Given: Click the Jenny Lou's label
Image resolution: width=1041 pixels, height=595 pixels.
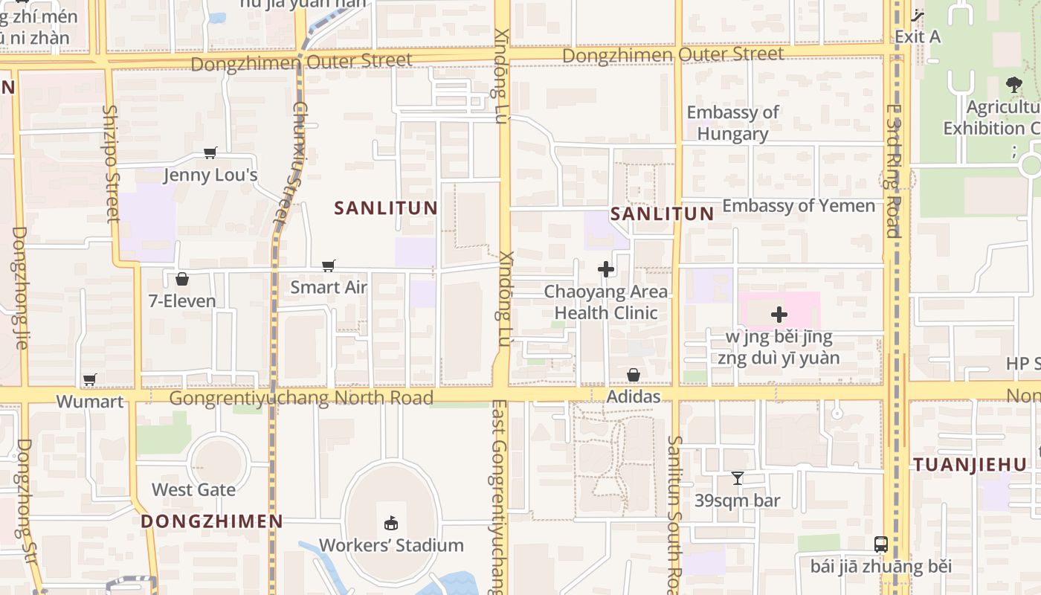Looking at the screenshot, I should click(x=210, y=176).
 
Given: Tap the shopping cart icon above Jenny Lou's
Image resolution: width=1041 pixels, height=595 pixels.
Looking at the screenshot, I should click(x=210, y=153).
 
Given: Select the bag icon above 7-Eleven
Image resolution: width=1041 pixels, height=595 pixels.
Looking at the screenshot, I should click(x=182, y=280).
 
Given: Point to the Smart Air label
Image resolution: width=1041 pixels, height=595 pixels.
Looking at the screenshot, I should click(x=329, y=287).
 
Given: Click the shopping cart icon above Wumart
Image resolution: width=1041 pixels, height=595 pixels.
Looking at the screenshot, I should click(x=90, y=380).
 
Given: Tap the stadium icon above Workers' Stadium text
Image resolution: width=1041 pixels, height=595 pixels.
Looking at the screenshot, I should click(x=391, y=524).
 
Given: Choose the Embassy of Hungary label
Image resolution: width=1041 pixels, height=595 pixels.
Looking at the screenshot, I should click(x=732, y=123).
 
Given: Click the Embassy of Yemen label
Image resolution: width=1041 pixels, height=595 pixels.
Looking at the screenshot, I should click(x=799, y=206).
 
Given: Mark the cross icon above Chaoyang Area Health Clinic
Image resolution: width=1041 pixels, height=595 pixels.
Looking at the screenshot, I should click(x=606, y=269).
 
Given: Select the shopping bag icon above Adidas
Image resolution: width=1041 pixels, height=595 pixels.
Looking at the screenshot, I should click(x=634, y=375).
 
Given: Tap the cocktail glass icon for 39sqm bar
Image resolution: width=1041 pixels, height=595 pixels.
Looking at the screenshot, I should click(x=738, y=478).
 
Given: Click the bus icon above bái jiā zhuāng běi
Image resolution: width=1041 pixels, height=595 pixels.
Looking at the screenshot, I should click(x=881, y=544).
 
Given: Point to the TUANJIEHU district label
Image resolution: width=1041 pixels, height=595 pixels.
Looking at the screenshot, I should click(x=970, y=465).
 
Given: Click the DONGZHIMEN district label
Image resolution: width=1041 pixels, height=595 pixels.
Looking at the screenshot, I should click(x=212, y=521).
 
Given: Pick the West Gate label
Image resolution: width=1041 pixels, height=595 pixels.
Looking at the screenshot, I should click(x=193, y=489).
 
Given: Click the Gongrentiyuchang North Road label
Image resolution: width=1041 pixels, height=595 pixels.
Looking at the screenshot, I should click(x=301, y=398).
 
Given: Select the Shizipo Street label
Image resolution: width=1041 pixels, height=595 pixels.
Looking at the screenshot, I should click(x=112, y=164).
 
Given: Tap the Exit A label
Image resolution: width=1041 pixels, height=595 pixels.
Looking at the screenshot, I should click(x=918, y=36).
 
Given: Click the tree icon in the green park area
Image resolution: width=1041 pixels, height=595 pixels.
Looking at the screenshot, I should click(x=1013, y=85).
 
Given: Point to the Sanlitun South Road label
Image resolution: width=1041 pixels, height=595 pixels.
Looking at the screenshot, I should click(x=674, y=513).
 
